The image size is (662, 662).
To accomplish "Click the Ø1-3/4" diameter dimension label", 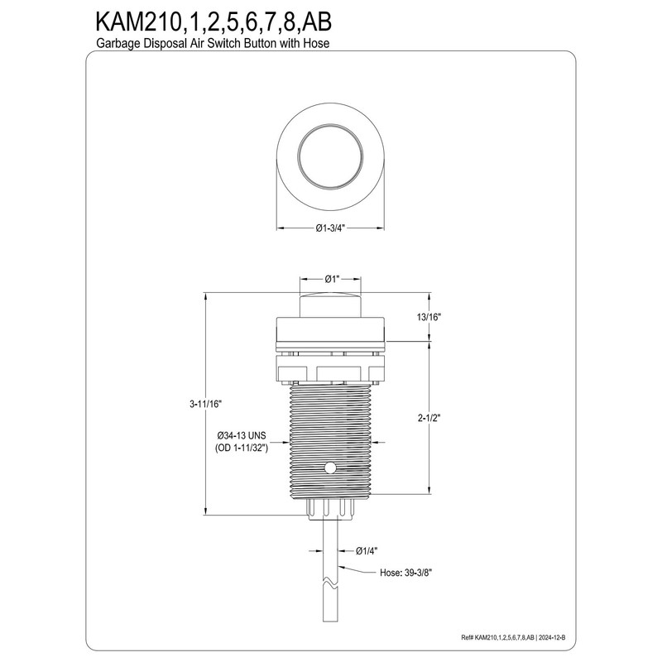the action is tap(330, 228).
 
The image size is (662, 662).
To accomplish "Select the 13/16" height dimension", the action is tap(429, 317).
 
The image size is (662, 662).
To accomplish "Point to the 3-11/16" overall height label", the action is tap(205, 404).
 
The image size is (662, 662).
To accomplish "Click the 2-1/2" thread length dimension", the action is tap(429, 418).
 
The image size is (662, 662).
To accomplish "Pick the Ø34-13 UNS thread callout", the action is tap(242, 436).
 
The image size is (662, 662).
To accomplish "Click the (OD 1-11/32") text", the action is tap(242, 449).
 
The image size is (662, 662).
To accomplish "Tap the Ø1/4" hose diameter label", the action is tap(367, 550).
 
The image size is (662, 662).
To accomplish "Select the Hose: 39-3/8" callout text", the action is tap(405, 573).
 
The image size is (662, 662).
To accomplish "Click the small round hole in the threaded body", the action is tap(330, 468).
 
